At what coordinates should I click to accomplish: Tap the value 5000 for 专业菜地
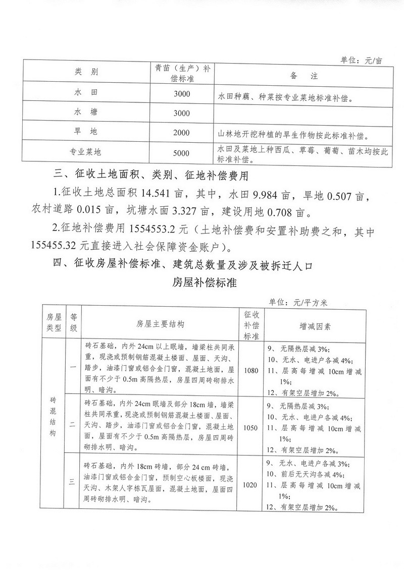coord(181,153)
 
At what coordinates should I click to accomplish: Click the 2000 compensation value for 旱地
coord(181,133)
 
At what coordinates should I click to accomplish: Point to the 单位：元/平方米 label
coord(299,303)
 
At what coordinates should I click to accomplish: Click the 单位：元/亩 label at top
coord(363,60)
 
